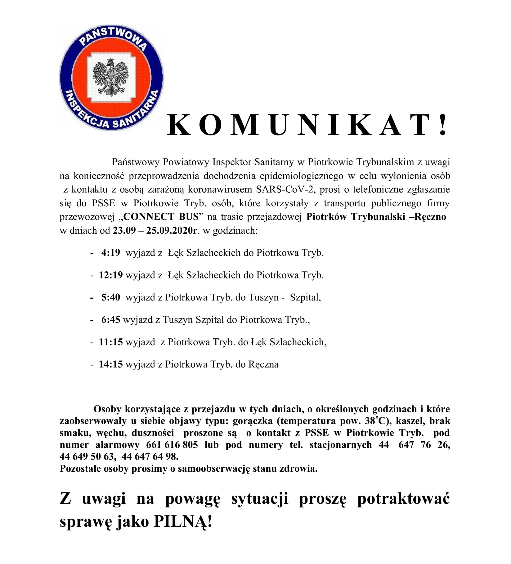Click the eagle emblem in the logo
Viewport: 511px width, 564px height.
111,77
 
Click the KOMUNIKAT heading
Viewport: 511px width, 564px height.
307,126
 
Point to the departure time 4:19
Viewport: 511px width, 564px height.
110,253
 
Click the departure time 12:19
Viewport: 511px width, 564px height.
111,275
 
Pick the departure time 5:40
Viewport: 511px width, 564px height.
110,297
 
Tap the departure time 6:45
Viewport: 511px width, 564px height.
110,320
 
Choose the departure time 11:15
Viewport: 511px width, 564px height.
111,342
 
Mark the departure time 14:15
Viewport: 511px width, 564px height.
111,364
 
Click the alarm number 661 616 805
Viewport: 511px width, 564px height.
172,445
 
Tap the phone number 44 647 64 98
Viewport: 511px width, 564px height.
150,456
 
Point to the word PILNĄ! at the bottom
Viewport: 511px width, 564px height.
183,522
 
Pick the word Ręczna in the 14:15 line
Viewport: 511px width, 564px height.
263,364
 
